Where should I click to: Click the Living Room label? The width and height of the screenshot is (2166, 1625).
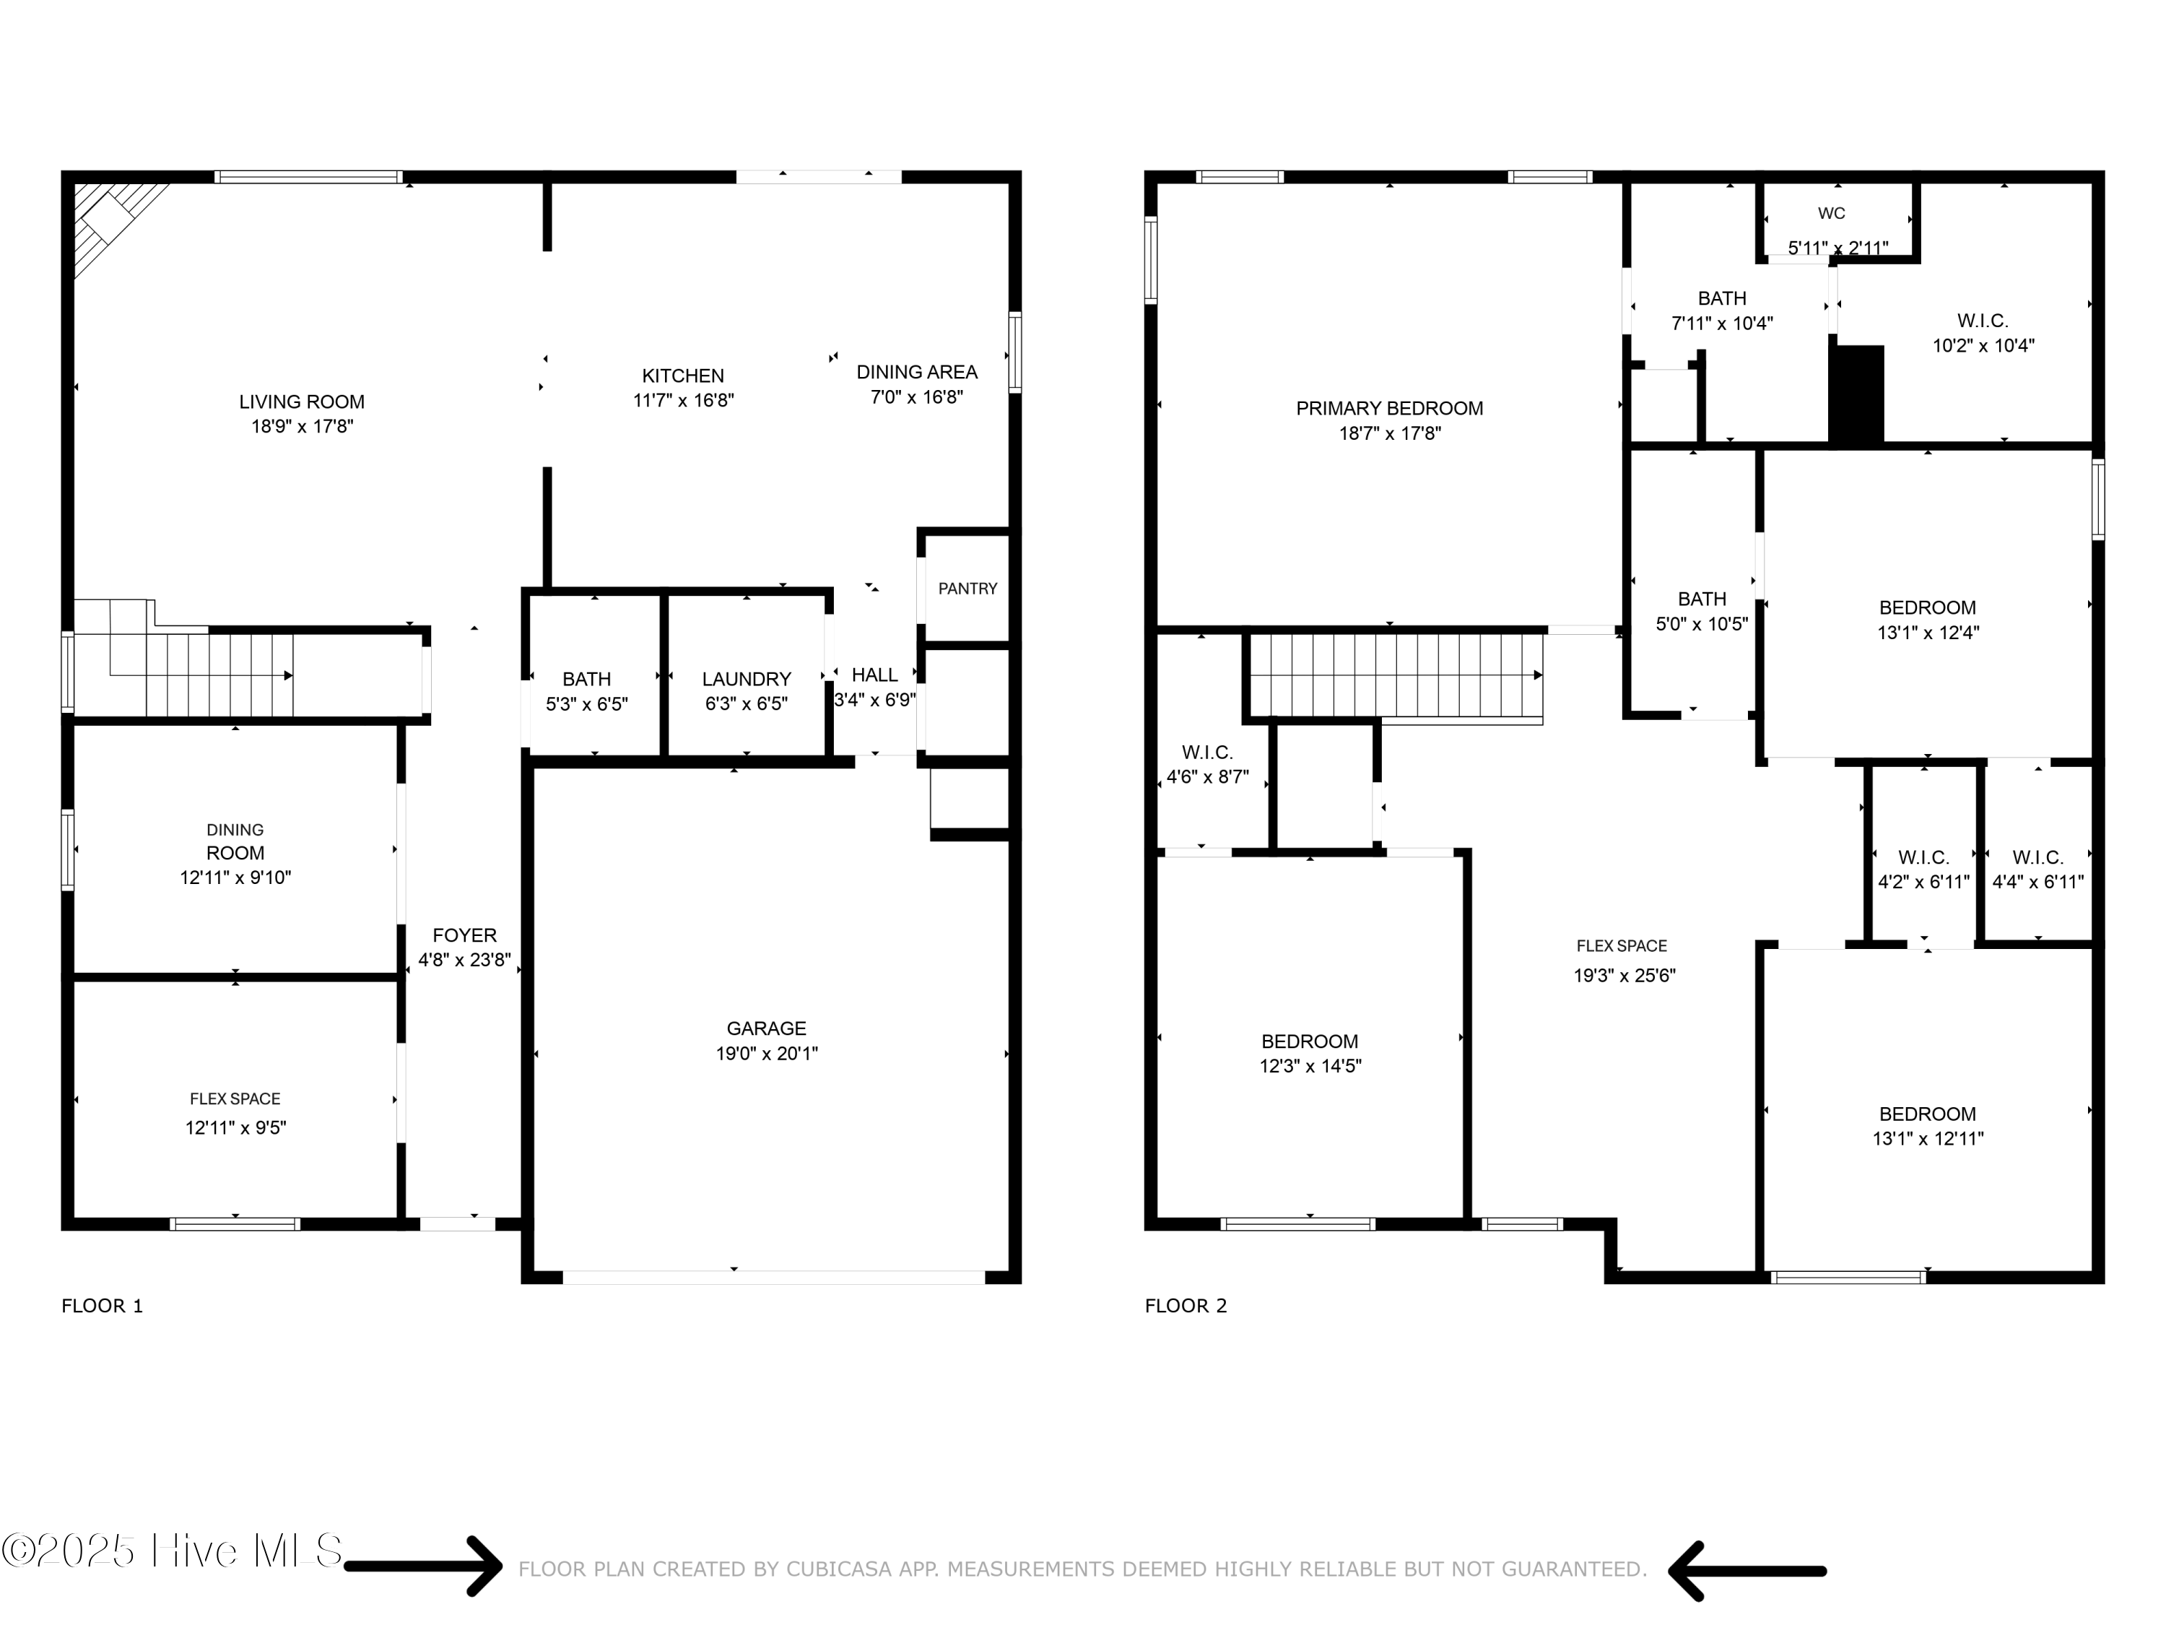pos(302,402)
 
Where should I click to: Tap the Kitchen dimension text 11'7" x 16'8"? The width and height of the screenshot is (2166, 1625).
pos(684,399)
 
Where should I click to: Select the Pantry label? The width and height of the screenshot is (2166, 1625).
pos(967,589)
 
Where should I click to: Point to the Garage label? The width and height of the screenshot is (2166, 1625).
pos(767,1028)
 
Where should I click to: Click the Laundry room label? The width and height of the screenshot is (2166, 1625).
pos(746,679)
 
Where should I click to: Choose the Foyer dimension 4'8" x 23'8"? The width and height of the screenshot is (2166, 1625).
pos(465,960)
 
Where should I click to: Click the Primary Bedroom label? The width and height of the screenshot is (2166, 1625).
pos(1390,409)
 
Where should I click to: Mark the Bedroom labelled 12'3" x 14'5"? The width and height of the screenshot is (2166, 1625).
pos(1310,1053)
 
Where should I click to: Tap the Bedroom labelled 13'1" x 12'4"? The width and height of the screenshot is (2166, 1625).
pos(1928,620)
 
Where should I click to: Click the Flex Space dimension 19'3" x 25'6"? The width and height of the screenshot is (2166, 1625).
pos(1624,976)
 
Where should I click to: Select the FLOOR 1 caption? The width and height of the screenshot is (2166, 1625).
pos(103,1306)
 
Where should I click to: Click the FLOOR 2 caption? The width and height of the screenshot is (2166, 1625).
pos(1186,1306)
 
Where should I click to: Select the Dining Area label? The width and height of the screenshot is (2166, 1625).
pos(916,372)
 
